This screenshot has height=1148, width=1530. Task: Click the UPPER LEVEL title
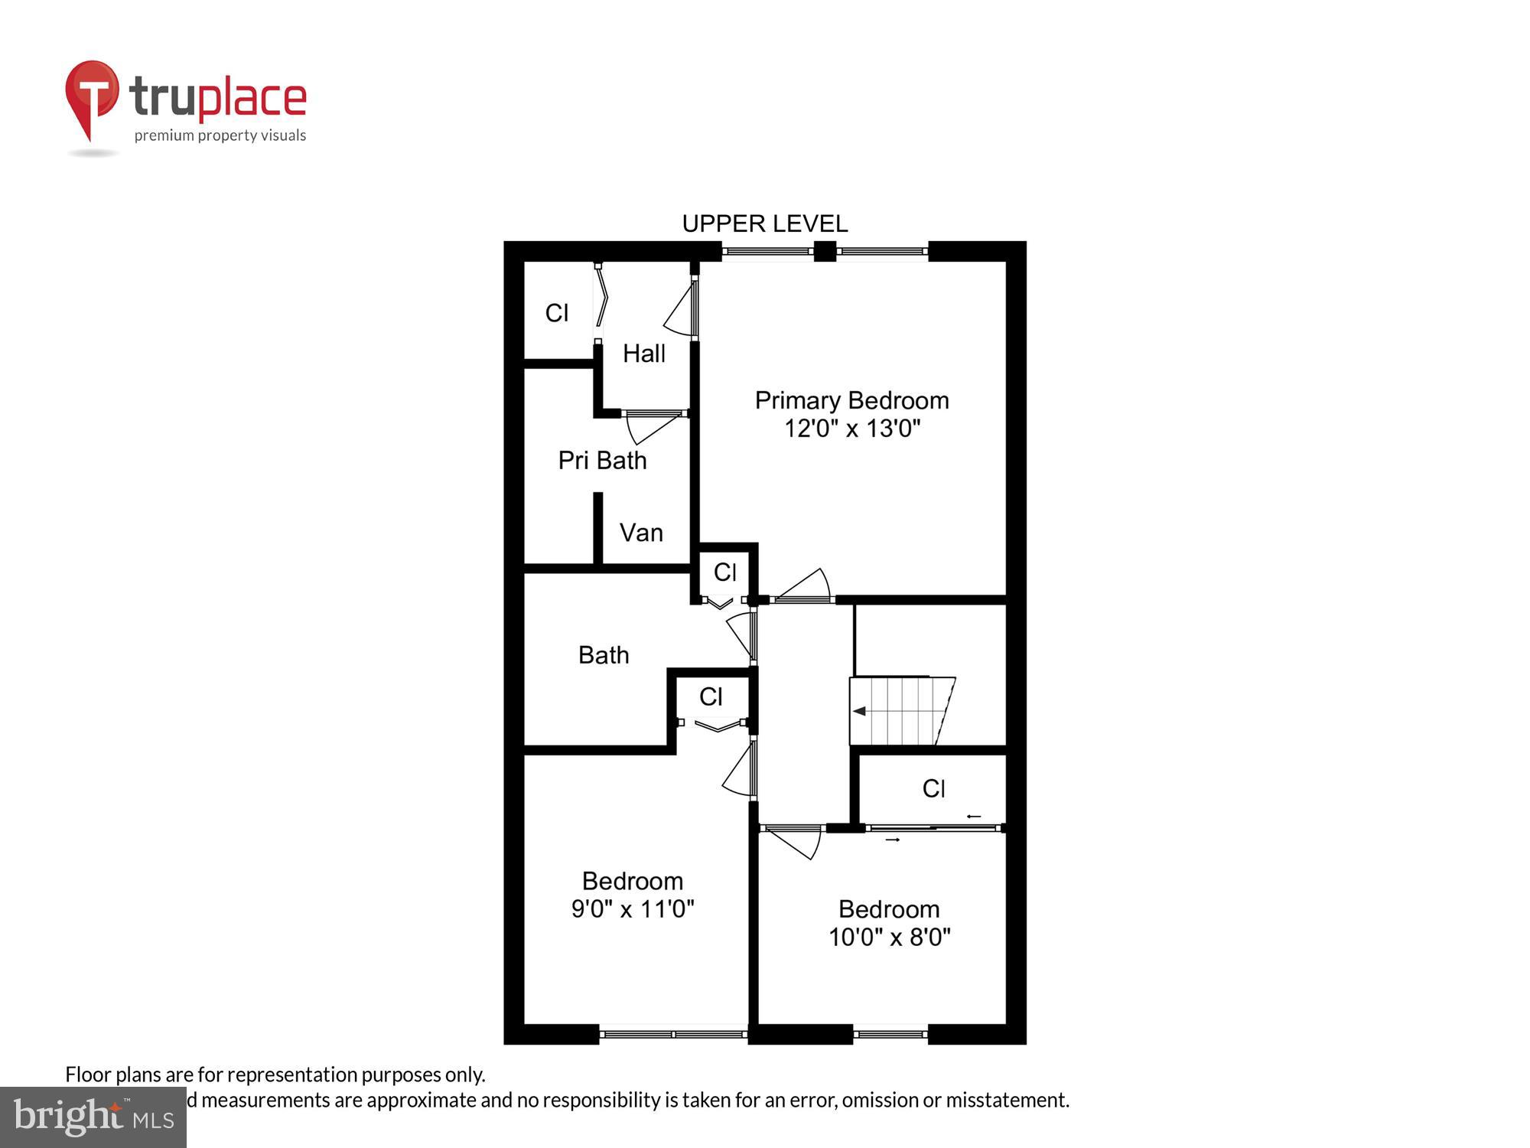click(764, 223)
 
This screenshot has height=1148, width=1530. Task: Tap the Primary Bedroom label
click(851, 400)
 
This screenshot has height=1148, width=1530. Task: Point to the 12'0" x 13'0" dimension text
click(851, 428)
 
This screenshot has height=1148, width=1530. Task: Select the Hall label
click(643, 354)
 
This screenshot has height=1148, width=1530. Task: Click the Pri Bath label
click(602, 460)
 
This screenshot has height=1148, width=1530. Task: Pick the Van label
click(641, 533)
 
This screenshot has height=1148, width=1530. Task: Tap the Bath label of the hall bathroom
click(604, 655)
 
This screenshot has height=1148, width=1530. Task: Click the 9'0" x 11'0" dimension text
click(633, 908)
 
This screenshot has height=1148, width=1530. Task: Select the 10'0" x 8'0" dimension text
click(889, 937)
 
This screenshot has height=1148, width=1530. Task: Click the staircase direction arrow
click(860, 711)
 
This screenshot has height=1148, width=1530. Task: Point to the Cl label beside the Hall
click(556, 312)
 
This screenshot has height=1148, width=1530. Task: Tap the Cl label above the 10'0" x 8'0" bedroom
click(933, 788)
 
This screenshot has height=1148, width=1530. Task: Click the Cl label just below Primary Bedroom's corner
click(724, 572)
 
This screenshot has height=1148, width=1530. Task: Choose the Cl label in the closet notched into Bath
click(711, 696)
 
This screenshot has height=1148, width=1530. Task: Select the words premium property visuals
click(220, 136)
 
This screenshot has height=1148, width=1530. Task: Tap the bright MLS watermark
click(93, 1117)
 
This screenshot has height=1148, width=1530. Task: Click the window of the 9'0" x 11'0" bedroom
click(673, 1034)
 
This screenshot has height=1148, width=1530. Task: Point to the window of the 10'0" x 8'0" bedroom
click(890, 1034)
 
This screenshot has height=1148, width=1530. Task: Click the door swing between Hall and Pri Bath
click(652, 426)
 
